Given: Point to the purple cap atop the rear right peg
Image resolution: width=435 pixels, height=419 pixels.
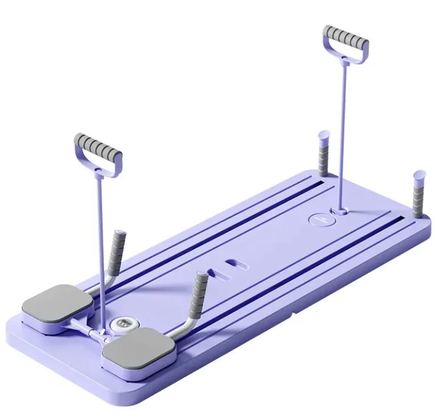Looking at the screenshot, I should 420,174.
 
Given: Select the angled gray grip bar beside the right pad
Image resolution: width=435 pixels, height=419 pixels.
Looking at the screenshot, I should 197,289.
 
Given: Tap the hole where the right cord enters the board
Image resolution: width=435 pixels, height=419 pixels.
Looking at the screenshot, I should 339,209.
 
